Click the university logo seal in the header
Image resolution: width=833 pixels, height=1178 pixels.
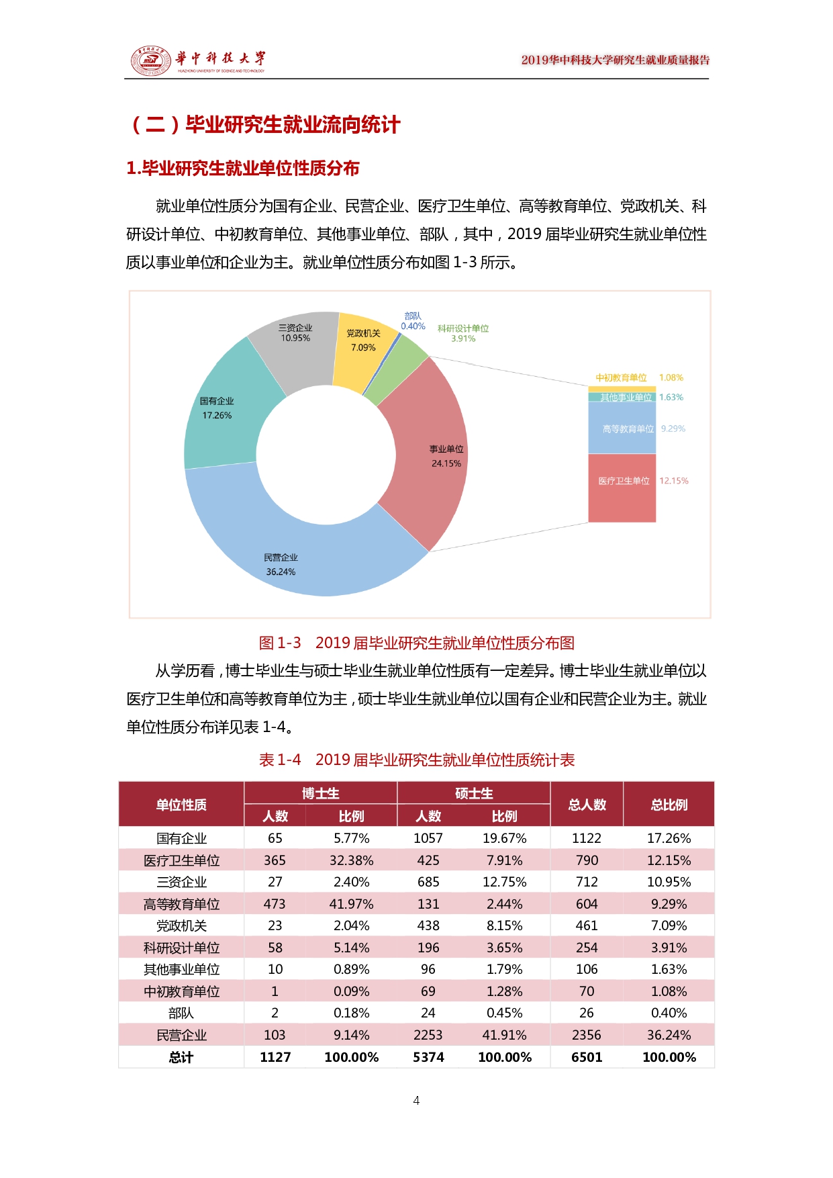coord(150,60)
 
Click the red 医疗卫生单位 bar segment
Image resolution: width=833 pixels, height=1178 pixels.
coord(622,488)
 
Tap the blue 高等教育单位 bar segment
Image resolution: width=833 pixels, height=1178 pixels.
coord(622,428)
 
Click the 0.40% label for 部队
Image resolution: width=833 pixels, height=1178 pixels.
coord(413,326)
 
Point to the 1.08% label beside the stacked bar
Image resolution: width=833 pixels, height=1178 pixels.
coord(671,377)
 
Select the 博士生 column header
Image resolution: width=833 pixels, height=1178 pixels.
coord(320,793)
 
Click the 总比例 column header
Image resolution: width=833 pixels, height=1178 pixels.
coord(669,805)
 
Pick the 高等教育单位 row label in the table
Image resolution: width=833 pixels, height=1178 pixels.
coord(181,904)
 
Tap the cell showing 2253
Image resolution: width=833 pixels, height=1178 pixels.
coord(428,1035)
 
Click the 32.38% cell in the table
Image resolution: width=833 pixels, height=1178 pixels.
coord(351,860)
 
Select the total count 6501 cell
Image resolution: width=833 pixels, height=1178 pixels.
coord(587,1057)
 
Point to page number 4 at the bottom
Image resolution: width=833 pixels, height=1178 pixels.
coord(416,1100)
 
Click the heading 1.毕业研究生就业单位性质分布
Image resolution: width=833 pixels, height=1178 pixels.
coord(243,168)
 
